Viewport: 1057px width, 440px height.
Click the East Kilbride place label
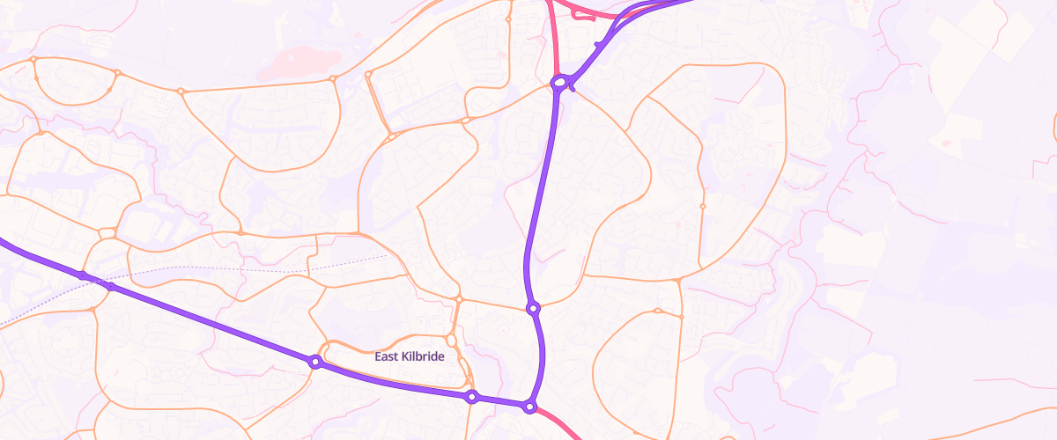tap(410, 356)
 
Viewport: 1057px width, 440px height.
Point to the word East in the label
tap(387, 356)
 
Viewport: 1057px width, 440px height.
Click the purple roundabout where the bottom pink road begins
tap(529, 407)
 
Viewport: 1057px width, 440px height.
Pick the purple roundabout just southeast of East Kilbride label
tap(472, 397)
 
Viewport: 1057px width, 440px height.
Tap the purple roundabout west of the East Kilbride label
tap(314, 361)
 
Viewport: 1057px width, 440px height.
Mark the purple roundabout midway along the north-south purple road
tap(533, 308)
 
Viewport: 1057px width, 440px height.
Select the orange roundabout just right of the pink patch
tap(333, 79)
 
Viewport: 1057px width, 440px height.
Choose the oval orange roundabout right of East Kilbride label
tap(451, 341)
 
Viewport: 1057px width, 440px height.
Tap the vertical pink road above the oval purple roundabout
tap(553, 40)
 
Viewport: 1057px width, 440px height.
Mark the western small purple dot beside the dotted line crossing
tap(83, 275)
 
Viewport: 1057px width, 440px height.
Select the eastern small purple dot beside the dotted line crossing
tap(111, 287)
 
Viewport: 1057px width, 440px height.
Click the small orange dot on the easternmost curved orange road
tap(702, 207)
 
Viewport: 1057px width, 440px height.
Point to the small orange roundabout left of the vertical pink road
tap(508, 18)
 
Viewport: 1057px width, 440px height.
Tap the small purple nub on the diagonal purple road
tap(597, 44)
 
